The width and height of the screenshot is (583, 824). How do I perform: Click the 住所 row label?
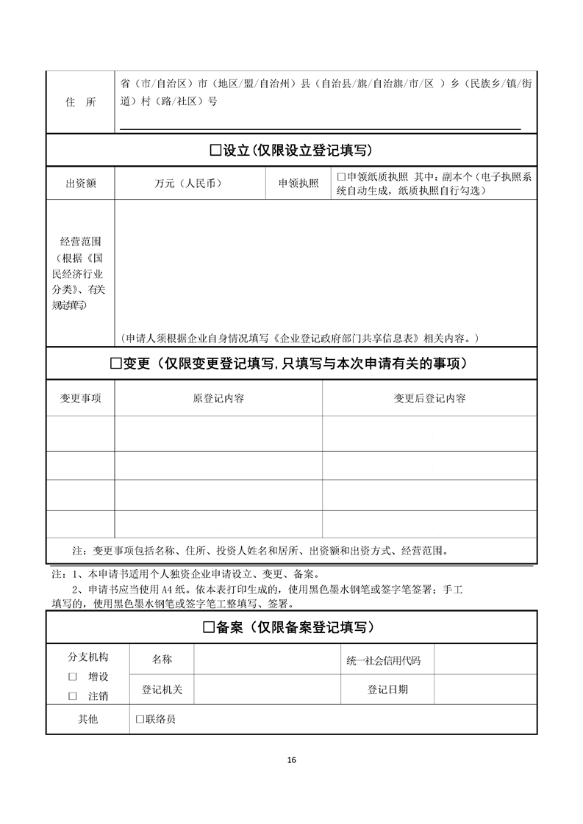pos(81,103)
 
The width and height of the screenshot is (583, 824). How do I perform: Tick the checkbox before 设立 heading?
pos(215,151)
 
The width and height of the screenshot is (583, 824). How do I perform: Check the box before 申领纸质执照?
pos(341,177)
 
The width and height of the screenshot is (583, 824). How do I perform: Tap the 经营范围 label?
pos(81,241)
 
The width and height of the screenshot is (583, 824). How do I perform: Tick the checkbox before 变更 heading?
pos(115,364)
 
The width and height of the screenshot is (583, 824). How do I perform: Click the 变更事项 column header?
pos(81,399)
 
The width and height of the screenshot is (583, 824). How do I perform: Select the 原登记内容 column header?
pos(218,399)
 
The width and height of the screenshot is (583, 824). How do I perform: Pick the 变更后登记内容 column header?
pos(429,399)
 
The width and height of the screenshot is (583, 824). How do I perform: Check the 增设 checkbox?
pos(73,676)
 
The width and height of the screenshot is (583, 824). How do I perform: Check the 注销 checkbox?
pos(73,695)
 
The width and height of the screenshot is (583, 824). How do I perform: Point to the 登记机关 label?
pos(162,690)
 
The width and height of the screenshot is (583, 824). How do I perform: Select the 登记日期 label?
pos(387,690)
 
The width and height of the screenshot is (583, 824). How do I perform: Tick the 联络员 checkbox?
pos(140,720)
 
